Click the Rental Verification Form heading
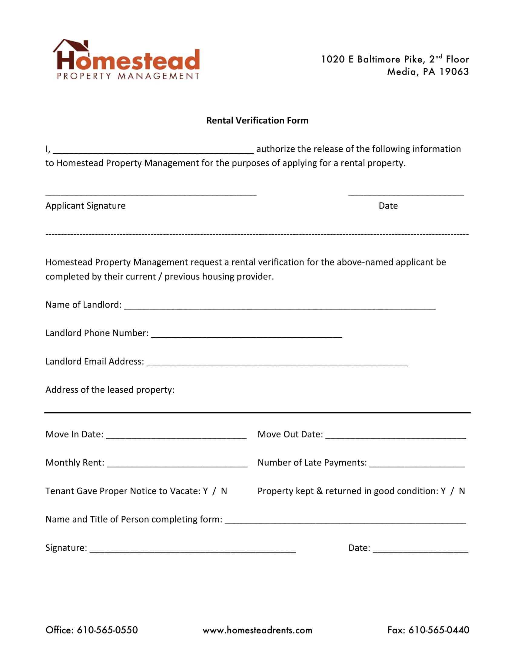pyautogui.click(x=257, y=120)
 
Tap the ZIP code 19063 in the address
pyautogui.click(x=454, y=72)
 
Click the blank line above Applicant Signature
pyautogui.click(x=151, y=193)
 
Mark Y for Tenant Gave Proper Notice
pyautogui.click(x=205, y=491)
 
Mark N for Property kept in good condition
pyautogui.click(x=462, y=491)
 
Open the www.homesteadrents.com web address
pyautogui.click(x=257, y=630)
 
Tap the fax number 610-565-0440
pyautogui.click(x=439, y=630)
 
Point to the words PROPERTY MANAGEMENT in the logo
pyautogui.click(x=128, y=76)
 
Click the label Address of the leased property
pyautogui.click(x=110, y=390)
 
